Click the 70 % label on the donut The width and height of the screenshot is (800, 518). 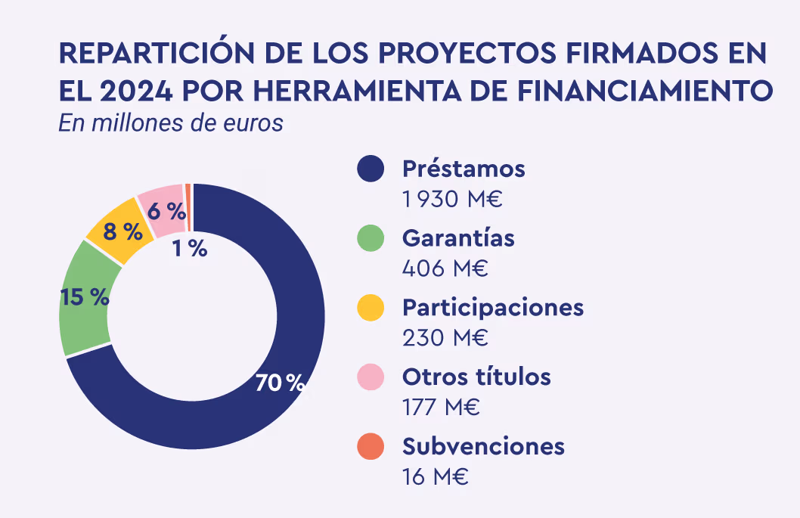pyautogui.click(x=279, y=383)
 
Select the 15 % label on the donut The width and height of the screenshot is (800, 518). pyautogui.click(x=85, y=297)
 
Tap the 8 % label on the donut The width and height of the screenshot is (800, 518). pyautogui.click(x=123, y=232)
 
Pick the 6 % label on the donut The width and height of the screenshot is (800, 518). pyautogui.click(x=166, y=212)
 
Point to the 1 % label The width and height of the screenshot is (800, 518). pyautogui.click(x=190, y=248)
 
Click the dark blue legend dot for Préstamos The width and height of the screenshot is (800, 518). pyautogui.click(x=371, y=169)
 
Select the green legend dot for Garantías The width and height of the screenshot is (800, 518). pyautogui.click(x=371, y=238)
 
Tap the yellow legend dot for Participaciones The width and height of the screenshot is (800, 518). pyautogui.click(x=371, y=308)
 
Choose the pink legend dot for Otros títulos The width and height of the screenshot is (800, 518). pyautogui.click(x=371, y=377)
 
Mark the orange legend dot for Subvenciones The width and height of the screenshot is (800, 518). pyautogui.click(x=371, y=446)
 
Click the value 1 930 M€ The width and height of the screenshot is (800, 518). pyautogui.click(x=452, y=200)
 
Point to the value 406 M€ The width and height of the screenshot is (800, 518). pyautogui.click(x=445, y=268)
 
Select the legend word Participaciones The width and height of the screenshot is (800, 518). pyautogui.click(x=492, y=308)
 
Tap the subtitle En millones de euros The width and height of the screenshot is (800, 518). pyautogui.click(x=171, y=123)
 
